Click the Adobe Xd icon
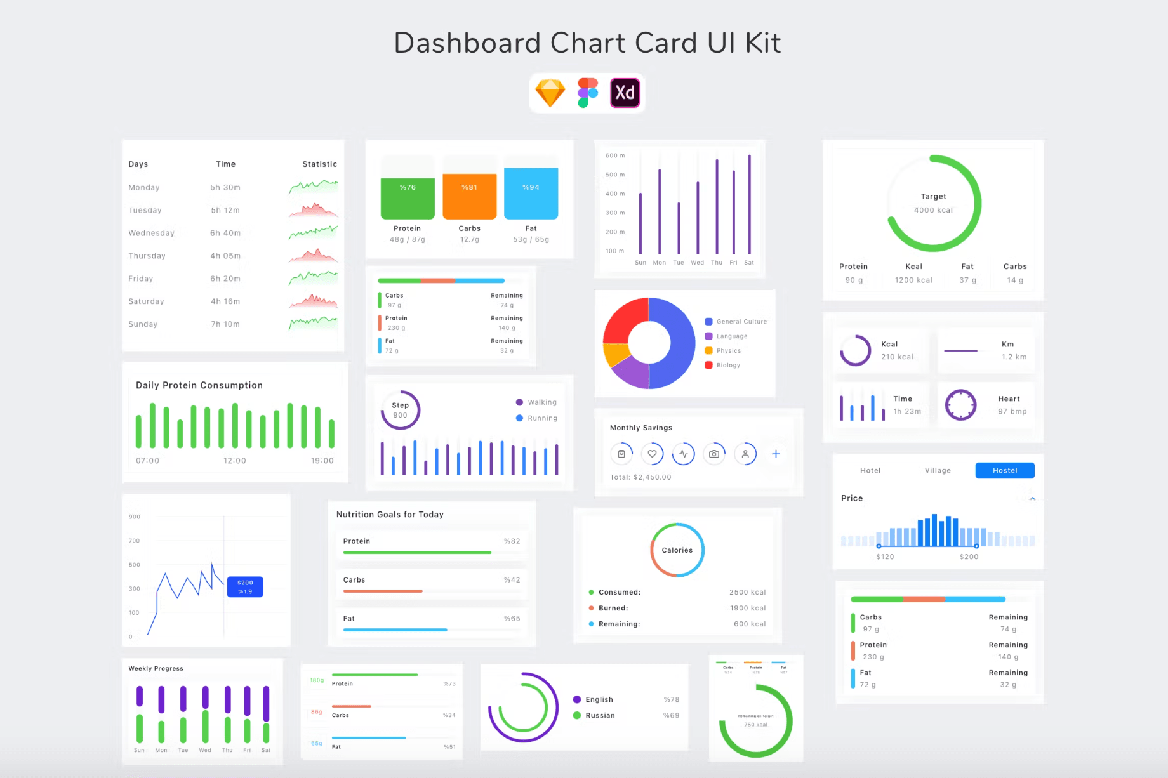[x=625, y=93]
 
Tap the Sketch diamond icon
[x=550, y=93]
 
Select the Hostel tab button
[x=1004, y=470]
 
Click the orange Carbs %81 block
[x=469, y=196]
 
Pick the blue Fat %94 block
[x=531, y=193]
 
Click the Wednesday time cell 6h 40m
[x=225, y=233]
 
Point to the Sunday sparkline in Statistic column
[x=313, y=323]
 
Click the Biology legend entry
[x=727, y=365]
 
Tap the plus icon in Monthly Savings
[x=776, y=454]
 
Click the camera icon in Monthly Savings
[x=714, y=454]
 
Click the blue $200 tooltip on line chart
[x=245, y=587]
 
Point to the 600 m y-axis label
[x=614, y=155]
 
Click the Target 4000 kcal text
[x=933, y=203]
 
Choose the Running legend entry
[x=541, y=418]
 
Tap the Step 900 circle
[x=400, y=410]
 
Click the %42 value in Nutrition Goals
[x=512, y=580]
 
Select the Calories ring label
[x=677, y=550]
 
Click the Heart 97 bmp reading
[x=1011, y=405]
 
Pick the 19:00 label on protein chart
[x=322, y=461]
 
